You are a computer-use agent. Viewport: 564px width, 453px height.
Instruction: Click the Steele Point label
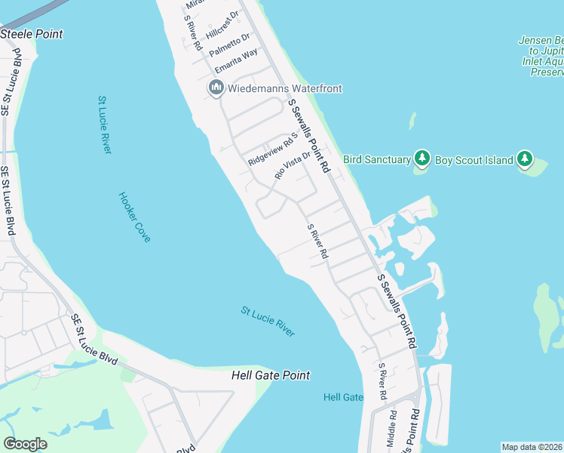coord(32,34)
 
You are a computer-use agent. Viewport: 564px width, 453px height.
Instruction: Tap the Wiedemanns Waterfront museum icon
coord(216,88)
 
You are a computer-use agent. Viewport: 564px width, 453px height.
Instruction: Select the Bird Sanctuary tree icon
coord(421,159)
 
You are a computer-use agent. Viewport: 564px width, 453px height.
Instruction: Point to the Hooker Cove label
coord(134,217)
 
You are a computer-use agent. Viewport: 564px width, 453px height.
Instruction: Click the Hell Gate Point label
coord(271,375)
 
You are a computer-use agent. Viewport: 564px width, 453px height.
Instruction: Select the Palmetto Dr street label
coord(229,45)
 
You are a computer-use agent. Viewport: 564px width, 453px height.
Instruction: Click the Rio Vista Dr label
coord(293,164)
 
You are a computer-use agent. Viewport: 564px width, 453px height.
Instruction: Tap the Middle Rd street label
coord(392,429)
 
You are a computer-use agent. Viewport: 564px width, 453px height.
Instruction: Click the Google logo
coord(25,444)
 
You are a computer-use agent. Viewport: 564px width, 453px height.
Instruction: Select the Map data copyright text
coord(532,447)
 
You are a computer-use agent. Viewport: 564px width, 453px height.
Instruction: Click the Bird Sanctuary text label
coord(377,159)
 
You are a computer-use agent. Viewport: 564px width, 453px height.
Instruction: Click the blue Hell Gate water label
coord(343,397)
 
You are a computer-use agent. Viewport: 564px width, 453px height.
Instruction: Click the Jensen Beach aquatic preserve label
coord(541,56)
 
